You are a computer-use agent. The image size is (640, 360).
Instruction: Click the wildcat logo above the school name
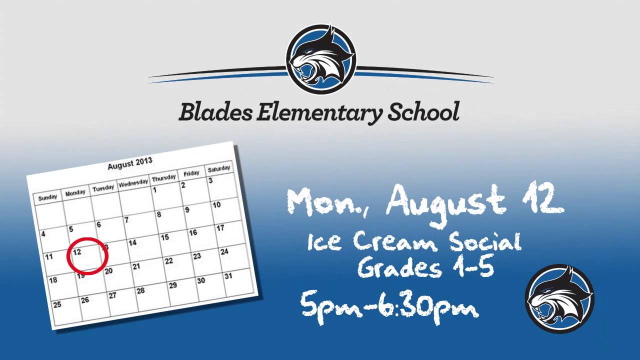tap(320, 59)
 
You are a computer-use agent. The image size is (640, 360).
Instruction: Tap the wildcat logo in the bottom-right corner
tap(559, 298)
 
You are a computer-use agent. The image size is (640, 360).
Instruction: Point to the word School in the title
tap(423, 111)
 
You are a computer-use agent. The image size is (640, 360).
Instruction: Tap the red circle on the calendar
tap(87, 255)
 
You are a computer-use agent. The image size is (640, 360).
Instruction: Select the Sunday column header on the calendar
tap(48, 197)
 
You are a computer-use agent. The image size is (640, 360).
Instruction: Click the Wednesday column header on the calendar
tap(133, 182)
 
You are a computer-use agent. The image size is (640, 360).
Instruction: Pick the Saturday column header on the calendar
tap(218, 168)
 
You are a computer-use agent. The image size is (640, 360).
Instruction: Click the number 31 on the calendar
tap(228, 276)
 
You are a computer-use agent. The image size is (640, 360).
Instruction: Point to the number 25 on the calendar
tap(57, 304)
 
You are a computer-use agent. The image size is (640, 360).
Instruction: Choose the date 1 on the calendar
tap(155, 190)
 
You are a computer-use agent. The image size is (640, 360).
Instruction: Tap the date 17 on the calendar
tap(220, 228)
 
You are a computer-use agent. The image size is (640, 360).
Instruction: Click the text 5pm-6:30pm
tap(390, 305)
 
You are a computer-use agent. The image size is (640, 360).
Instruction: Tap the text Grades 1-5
tap(426, 267)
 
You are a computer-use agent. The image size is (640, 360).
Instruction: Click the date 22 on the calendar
tap(168, 261)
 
